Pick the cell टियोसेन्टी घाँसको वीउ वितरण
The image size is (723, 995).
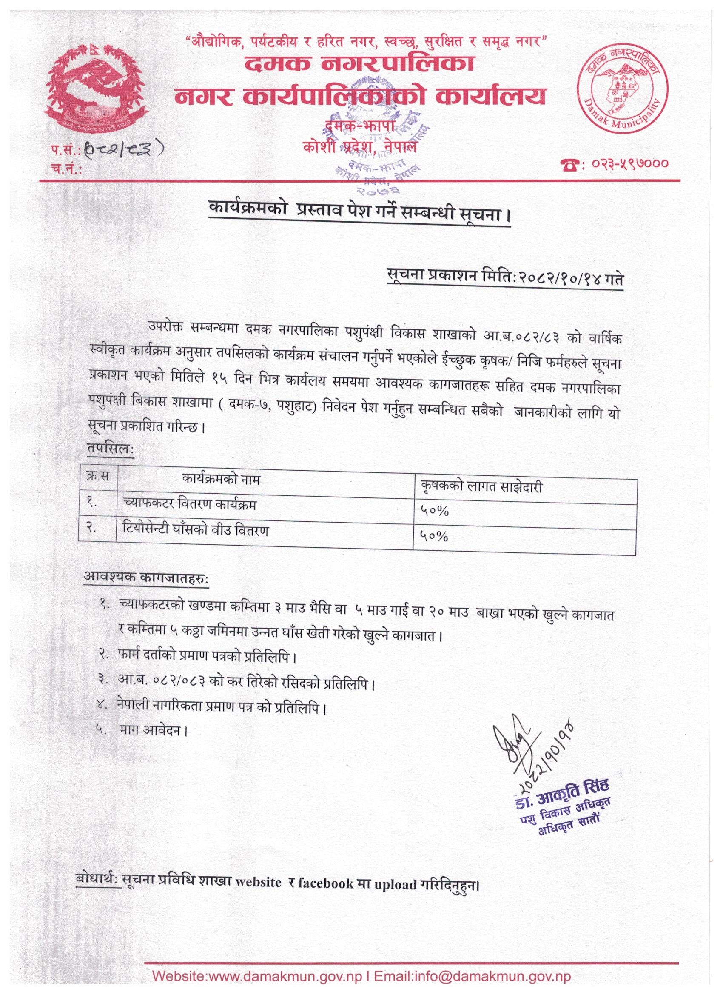pos(196,531)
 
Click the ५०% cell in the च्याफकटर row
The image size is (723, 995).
pos(435,511)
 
